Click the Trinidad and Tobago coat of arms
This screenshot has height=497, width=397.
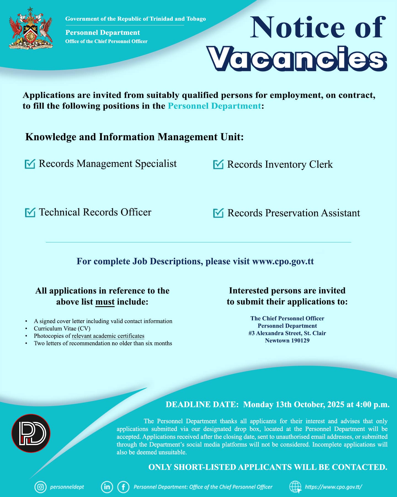[x=31, y=28]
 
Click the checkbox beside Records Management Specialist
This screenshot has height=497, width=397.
[x=30, y=164]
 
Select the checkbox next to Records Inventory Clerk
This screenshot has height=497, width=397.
[x=218, y=165]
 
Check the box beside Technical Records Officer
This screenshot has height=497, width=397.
[x=30, y=212]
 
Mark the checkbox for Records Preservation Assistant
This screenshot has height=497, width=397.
[x=218, y=213]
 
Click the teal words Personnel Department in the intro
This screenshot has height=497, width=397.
[x=214, y=106]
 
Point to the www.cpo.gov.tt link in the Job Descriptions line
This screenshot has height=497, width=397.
[x=283, y=261]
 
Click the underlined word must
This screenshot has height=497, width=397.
[x=105, y=302]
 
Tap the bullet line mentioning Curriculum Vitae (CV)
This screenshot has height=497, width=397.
[x=62, y=329]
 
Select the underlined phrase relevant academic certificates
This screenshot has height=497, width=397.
[x=108, y=336]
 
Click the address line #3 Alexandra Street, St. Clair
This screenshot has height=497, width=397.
[x=287, y=333]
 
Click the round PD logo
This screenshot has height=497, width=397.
[x=31, y=433]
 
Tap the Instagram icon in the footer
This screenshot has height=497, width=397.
[x=40, y=487]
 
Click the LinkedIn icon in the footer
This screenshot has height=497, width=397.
[x=106, y=487]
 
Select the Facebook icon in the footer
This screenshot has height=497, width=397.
[x=123, y=487]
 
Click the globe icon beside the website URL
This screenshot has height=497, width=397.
[x=295, y=487]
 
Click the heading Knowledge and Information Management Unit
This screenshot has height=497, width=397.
[x=134, y=137]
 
